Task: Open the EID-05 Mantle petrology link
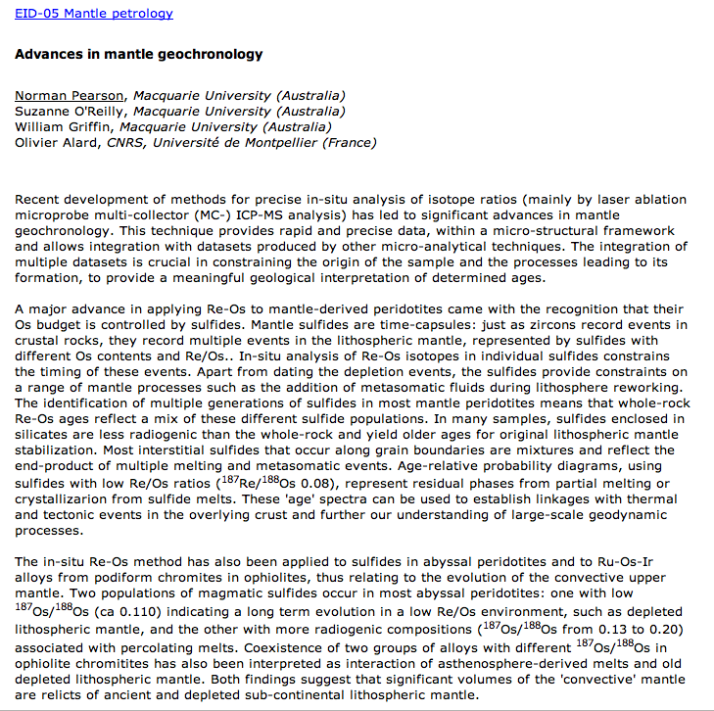tap(93, 14)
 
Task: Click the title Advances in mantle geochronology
tap(138, 54)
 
